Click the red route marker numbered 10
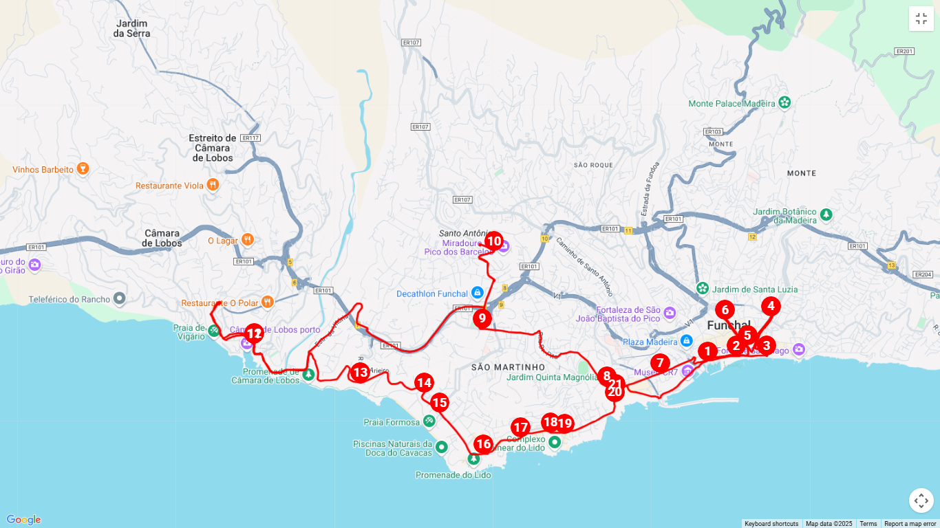[x=493, y=241]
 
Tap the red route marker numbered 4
[x=771, y=306]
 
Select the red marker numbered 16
[x=483, y=444]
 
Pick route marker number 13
[x=360, y=373]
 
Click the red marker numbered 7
[x=660, y=363]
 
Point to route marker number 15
[x=439, y=403]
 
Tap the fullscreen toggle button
[x=921, y=19]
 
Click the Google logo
[x=23, y=520]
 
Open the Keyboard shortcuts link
[x=771, y=524]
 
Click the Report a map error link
[x=910, y=524]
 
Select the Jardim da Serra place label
[x=131, y=28]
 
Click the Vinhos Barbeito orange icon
[x=83, y=169]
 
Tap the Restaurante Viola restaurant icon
[x=213, y=185]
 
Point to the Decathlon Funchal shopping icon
[x=477, y=293]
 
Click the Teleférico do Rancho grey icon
[x=120, y=298]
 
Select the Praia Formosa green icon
[x=429, y=421]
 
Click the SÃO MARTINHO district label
[x=499, y=367]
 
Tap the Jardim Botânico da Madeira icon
[x=826, y=215]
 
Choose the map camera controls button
[x=921, y=500]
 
